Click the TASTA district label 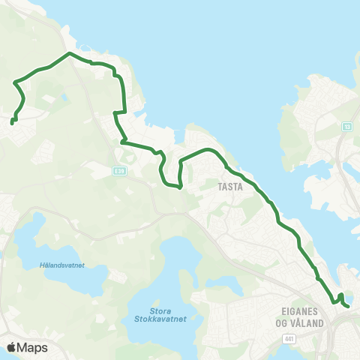231,187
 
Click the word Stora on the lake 160,308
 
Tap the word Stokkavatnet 160,318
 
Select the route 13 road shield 346,126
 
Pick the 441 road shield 289,340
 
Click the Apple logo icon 12,347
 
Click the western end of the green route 11,121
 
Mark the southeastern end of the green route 348,305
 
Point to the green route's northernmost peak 69,53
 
